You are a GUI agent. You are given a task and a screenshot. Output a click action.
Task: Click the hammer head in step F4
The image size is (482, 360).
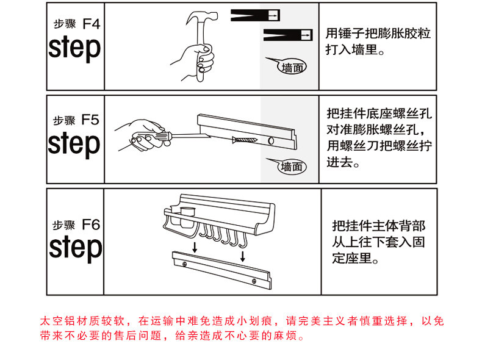point(203,17)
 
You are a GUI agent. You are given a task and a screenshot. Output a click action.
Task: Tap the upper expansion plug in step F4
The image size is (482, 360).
point(255,15)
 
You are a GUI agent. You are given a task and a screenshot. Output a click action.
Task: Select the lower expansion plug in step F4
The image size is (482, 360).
point(288,35)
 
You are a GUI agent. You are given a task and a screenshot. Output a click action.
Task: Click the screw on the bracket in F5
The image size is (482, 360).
point(245,140)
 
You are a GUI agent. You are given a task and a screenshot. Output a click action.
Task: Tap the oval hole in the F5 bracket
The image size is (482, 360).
point(271,141)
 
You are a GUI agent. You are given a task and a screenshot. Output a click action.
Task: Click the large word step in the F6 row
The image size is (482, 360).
point(75,248)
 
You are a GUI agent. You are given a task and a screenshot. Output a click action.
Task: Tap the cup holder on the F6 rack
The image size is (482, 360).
point(187,217)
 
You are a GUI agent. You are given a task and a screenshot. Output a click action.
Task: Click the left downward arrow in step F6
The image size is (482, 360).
point(195,247)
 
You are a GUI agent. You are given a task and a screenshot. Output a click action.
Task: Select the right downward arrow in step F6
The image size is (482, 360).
point(243,256)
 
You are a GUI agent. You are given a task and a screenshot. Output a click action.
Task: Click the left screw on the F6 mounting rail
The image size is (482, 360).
point(184,264)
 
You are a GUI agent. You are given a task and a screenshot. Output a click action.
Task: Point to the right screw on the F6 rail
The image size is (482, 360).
point(254,281)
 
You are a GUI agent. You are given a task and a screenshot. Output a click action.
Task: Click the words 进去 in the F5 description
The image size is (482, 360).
point(339,162)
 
